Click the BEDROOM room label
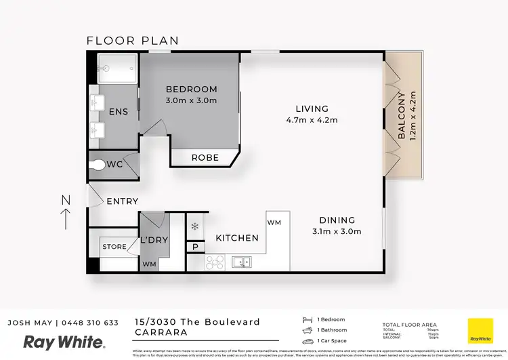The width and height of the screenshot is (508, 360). point(192,89)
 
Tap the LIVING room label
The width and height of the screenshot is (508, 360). point(312,108)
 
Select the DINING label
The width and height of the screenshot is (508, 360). point(337,220)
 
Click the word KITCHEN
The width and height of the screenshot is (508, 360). point(237,238)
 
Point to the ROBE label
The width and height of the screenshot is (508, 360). point(205,157)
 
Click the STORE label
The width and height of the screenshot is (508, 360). point(114,247)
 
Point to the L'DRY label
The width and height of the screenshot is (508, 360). point(154,240)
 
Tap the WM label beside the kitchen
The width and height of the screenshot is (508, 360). point(274,222)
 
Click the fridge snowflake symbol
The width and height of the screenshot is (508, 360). point(195,226)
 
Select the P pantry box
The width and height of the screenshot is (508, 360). point(196,247)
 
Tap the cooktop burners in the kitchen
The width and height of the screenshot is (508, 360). point(215,262)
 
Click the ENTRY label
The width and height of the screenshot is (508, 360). point(122,201)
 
